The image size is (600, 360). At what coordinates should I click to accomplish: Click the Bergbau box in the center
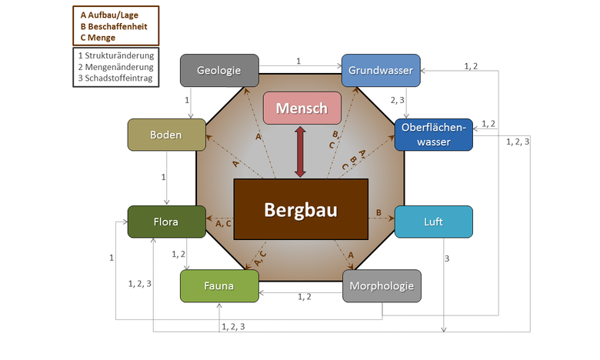click(301, 209)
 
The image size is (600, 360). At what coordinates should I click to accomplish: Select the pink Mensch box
click(301, 108)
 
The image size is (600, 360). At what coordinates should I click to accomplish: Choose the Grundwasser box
click(381, 71)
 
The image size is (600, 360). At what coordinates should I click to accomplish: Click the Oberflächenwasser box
click(433, 135)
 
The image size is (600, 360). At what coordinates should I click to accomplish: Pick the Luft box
click(433, 222)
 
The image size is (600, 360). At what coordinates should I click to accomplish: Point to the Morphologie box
click(382, 286)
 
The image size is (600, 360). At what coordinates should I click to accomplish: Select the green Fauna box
click(219, 286)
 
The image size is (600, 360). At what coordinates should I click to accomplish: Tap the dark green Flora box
click(166, 222)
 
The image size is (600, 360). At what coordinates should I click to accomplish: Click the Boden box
click(166, 135)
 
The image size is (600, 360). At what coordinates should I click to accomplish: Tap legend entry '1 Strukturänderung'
click(115, 55)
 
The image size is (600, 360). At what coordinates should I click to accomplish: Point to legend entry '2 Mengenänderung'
click(115, 67)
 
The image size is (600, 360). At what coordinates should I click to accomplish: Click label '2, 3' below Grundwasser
click(398, 99)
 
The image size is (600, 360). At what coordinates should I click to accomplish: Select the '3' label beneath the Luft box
click(447, 258)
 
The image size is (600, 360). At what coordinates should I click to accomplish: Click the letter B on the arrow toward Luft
click(378, 212)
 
